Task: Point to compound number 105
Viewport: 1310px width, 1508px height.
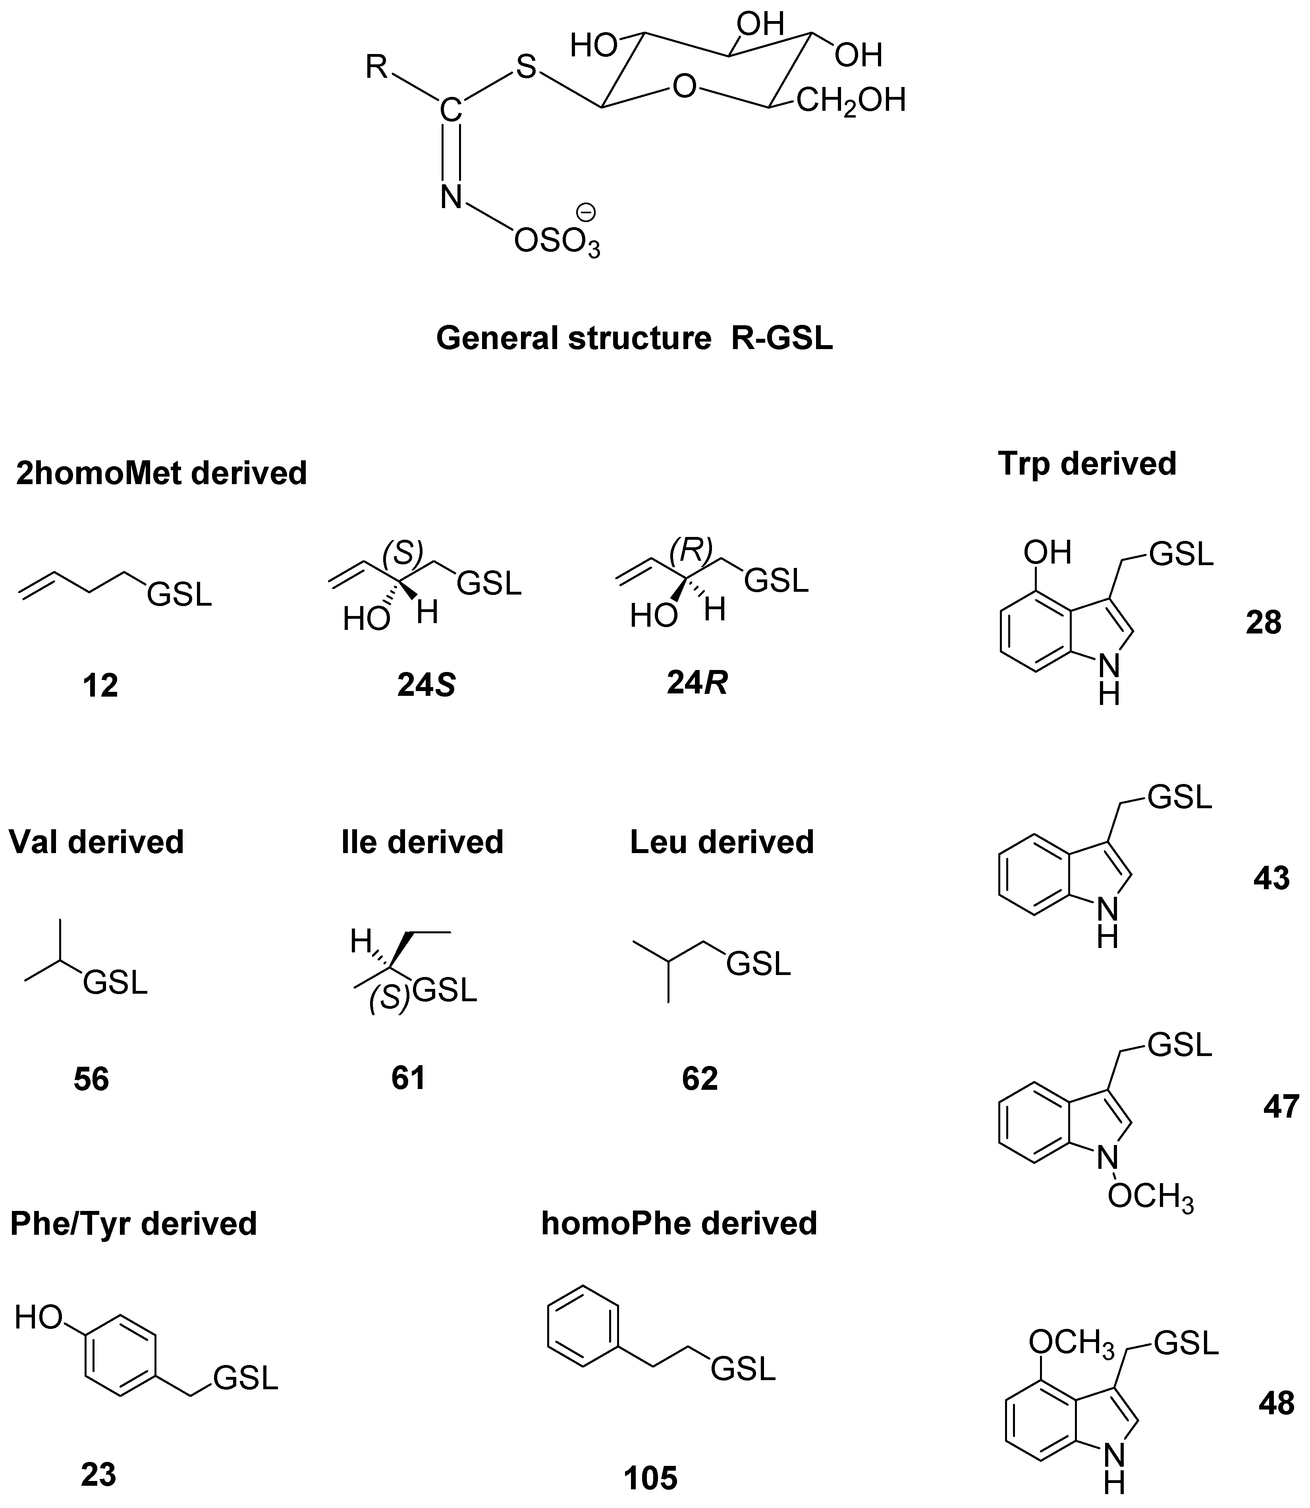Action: pos(650,1478)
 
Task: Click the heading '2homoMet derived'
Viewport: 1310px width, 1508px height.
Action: pos(162,474)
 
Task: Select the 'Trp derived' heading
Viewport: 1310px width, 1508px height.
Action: pos(1087,464)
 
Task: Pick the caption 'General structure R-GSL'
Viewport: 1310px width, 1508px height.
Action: pos(635,338)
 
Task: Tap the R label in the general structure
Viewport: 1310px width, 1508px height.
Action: pos(377,68)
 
